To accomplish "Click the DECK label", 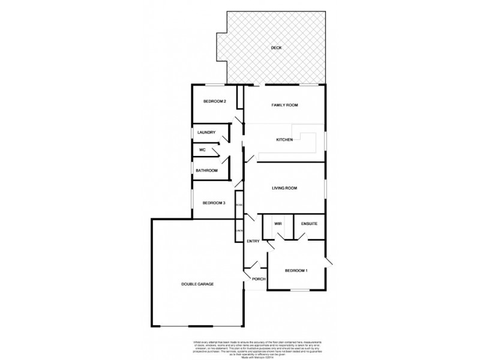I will [276, 47].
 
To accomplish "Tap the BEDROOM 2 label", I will [214, 101].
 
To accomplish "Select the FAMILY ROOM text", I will [284, 105].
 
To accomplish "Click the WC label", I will [203, 149].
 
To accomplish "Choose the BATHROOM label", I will [206, 170].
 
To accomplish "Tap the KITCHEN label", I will [284, 140].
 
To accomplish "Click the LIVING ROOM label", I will [284, 188].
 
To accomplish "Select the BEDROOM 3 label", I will [213, 203].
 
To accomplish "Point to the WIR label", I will [278, 224].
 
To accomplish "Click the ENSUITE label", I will [309, 224].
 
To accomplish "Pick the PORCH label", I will [259, 279].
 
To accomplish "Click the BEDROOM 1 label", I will [296, 270].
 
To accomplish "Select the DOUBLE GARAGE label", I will [198, 284].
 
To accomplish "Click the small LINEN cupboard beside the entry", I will [239, 230].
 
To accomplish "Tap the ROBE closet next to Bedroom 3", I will [239, 206].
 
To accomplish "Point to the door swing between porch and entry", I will [254, 265].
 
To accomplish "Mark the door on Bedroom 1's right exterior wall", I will [328, 262].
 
